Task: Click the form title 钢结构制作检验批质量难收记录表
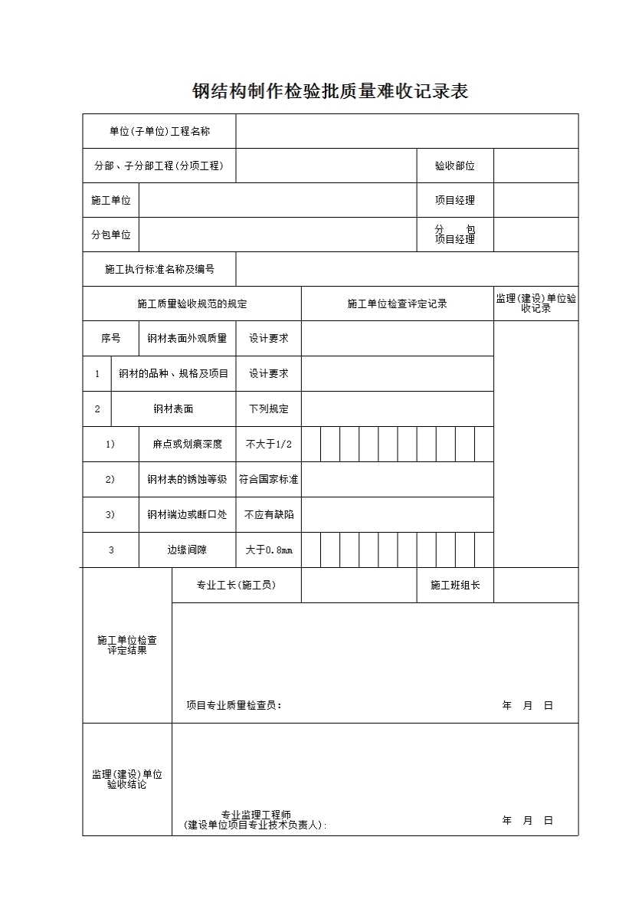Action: point(329,92)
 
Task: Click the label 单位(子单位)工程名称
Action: point(159,131)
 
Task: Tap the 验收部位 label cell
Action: point(454,166)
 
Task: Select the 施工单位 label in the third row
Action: point(110,200)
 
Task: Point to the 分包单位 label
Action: point(110,235)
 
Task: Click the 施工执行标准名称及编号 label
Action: point(159,269)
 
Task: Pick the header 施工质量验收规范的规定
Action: point(192,304)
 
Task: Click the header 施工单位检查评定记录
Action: point(397,304)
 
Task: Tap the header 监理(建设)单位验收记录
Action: point(536,304)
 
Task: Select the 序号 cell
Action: point(110,338)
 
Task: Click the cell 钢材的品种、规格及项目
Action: point(173,374)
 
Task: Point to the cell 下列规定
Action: point(268,409)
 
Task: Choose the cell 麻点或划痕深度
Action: point(187,445)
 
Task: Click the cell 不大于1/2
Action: point(268,445)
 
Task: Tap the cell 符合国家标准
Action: point(268,480)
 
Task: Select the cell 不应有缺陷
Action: point(268,515)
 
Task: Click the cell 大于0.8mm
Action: point(268,550)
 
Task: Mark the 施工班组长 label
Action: point(455,586)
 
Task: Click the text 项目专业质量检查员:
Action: point(234,705)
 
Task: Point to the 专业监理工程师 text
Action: point(256,815)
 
